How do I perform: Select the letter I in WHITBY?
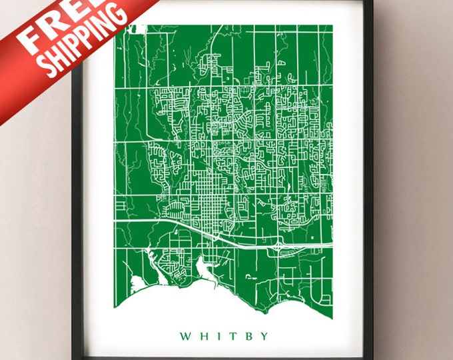click(215, 336)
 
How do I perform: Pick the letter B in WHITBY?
click(244, 336)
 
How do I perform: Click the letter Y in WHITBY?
click(260, 336)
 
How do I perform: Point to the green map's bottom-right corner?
click(331, 306)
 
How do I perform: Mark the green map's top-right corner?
click(332, 26)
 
